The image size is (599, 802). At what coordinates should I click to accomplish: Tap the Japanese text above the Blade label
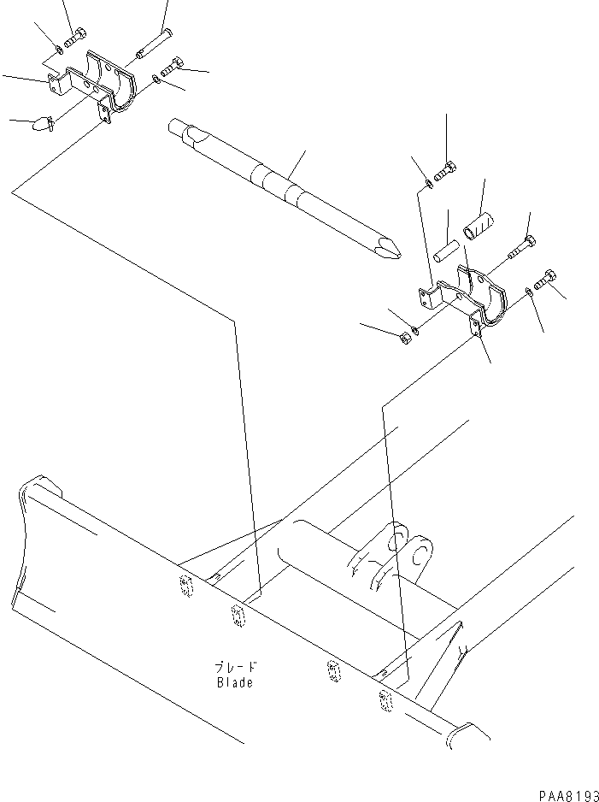coord(236,667)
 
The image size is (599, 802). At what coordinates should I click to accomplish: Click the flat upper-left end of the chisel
coord(179,129)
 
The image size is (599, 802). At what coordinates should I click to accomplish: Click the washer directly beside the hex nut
coord(415,329)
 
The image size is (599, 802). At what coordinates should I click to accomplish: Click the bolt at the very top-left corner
coord(73,38)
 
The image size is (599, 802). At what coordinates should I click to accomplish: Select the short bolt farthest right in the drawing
coord(543,280)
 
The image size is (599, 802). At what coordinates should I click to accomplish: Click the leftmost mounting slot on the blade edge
coord(185,585)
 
